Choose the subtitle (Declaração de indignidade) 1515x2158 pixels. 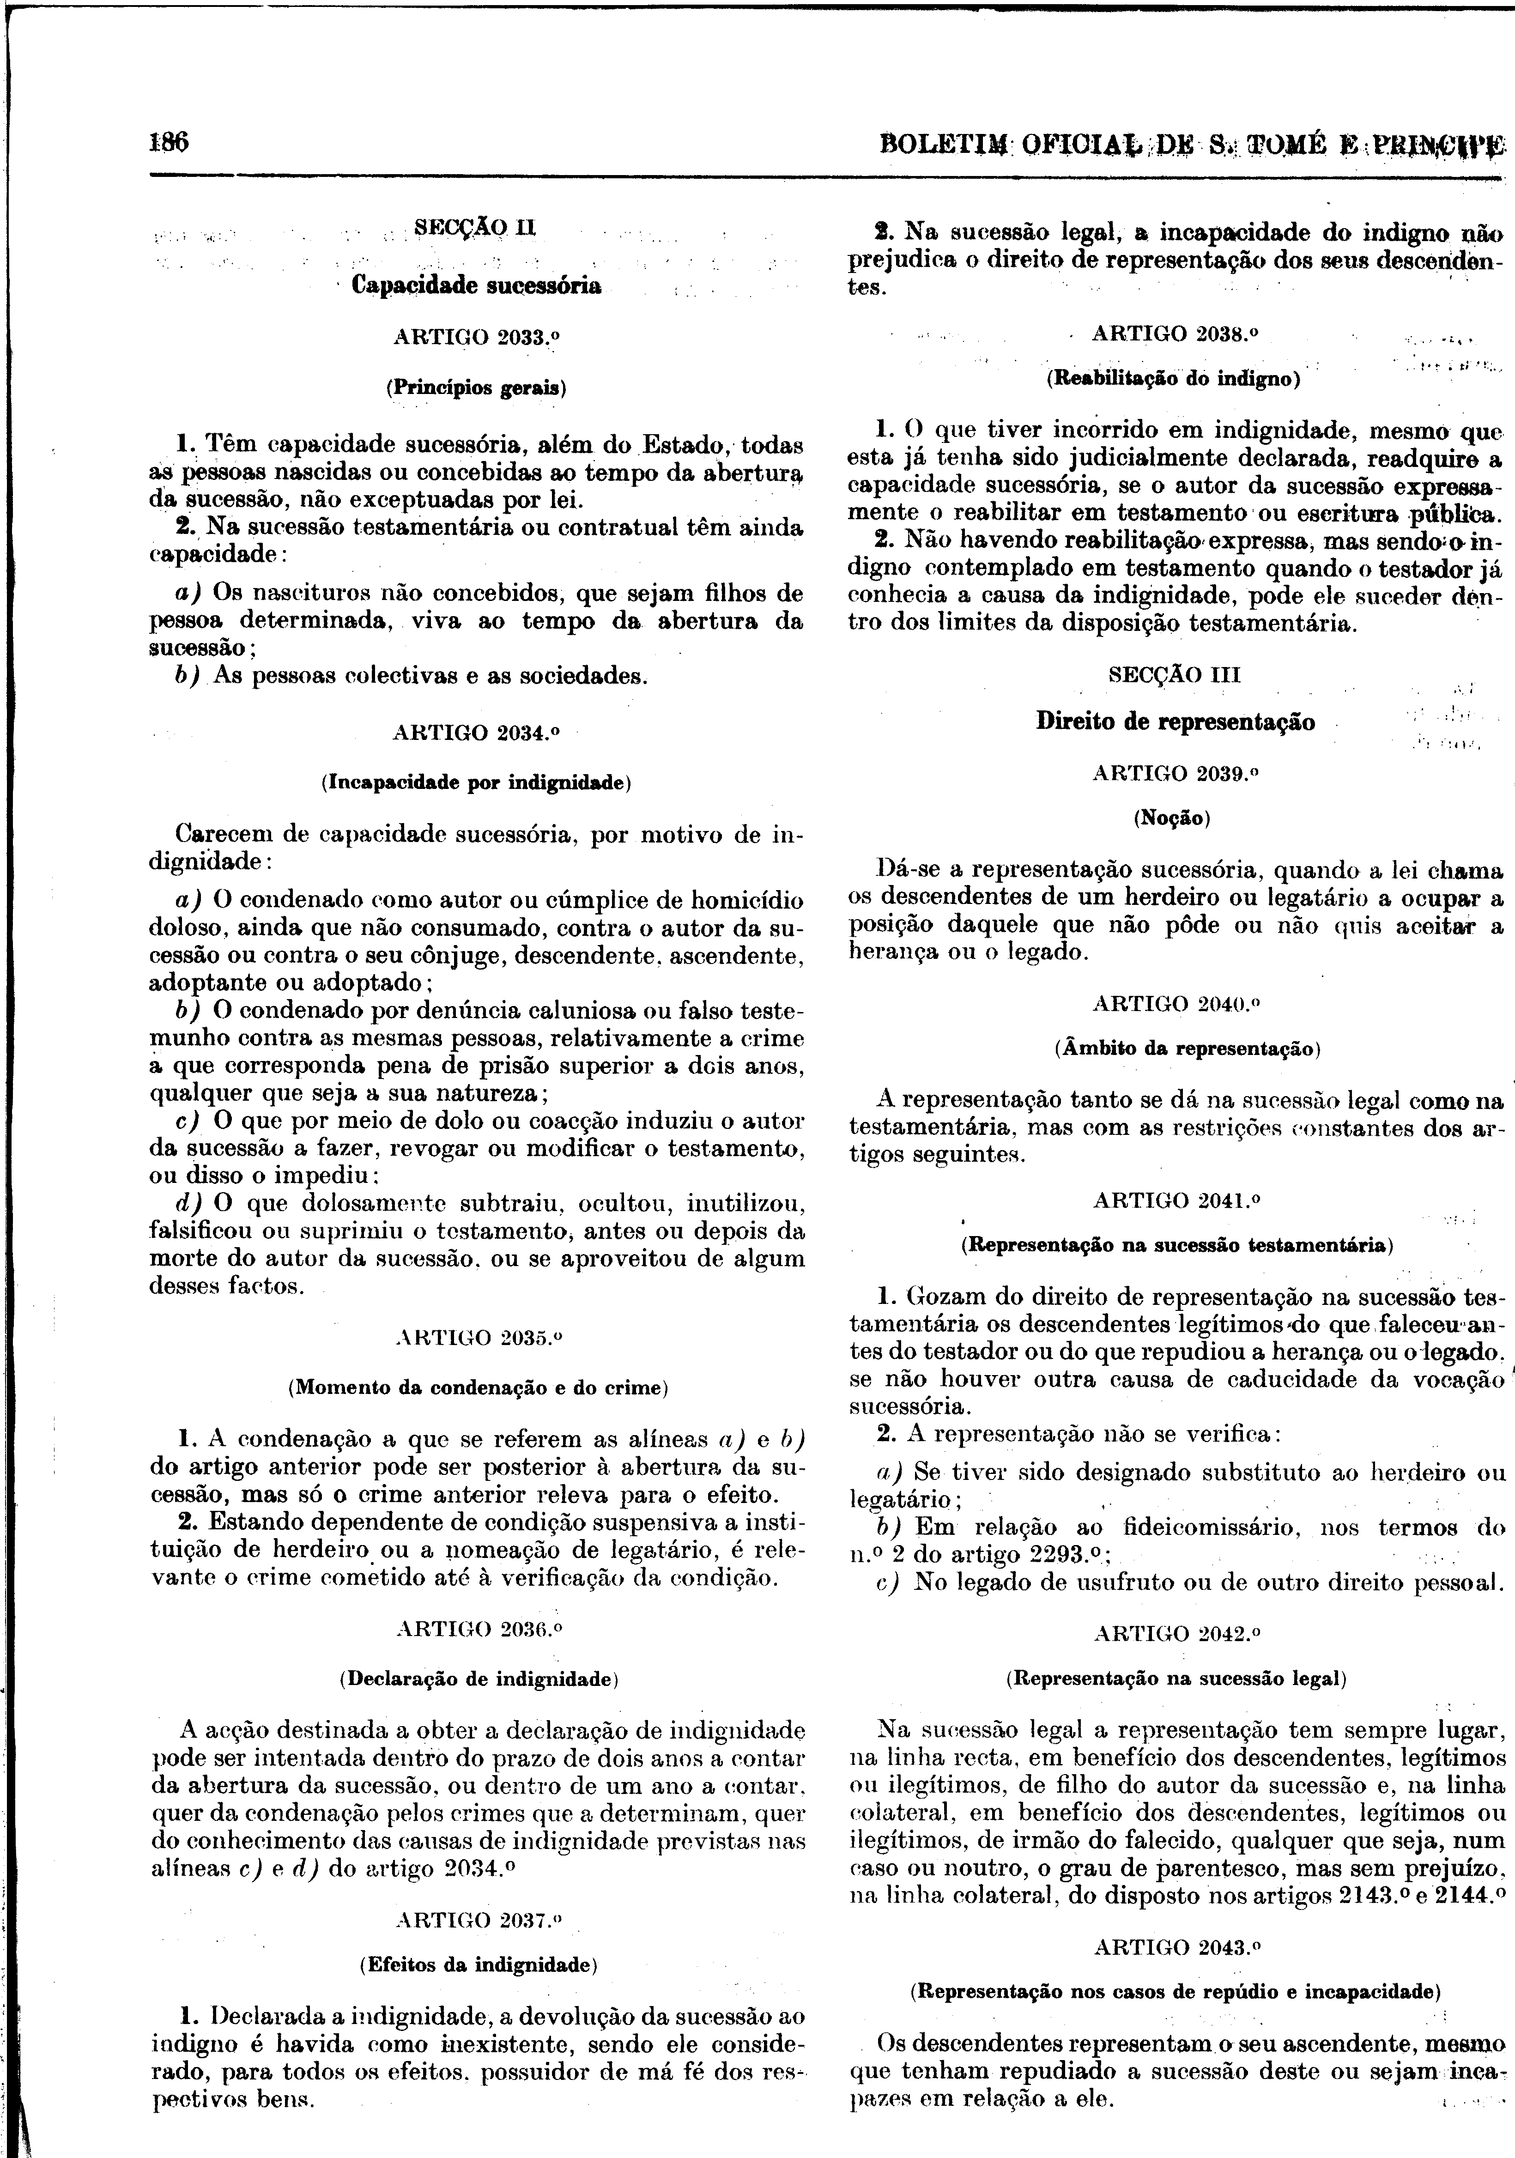pyautogui.click(x=477, y=1678)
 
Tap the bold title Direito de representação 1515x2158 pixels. pyautogui.click(x=1175, y=722)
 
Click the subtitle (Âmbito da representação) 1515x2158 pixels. pyautogui.click(x=1175, y=1048)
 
